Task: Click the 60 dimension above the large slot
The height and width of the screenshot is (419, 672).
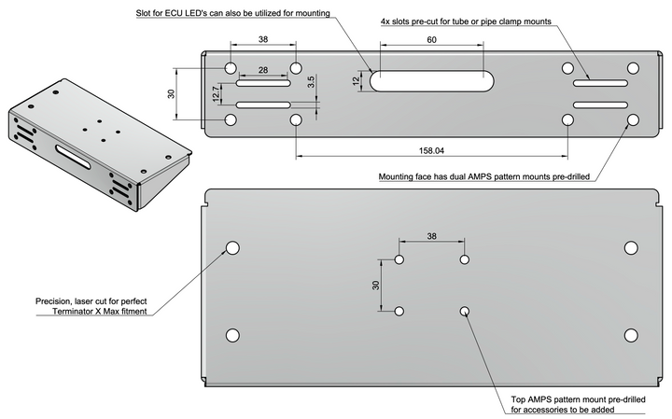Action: (x=430, y=41)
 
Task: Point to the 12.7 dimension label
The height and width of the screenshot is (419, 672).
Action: (x=217, y=94)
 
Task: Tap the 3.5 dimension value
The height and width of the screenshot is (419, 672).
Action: (x=310, y=83)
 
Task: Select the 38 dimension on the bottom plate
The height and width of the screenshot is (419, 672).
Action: (x=430, y=237)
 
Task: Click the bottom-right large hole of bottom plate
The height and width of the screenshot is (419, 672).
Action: (x=631, y=335)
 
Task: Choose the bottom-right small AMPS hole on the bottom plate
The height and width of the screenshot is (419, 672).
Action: (x=464, y=311)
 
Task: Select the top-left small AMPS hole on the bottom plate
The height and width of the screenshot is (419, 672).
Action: (x=399, y=260)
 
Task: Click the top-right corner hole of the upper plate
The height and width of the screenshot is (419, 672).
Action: (x=633, y=68)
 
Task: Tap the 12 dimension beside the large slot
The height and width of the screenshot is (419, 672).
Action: (x=356, y=80)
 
